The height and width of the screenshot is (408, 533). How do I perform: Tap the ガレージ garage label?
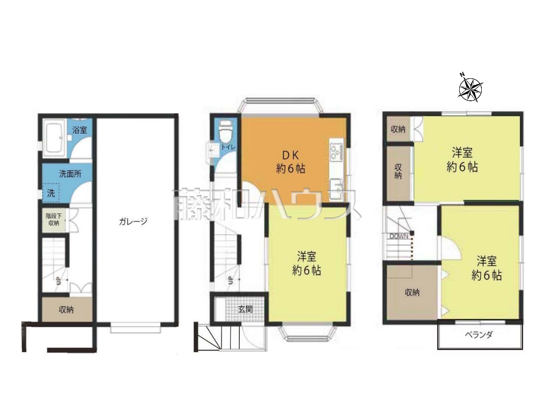(x=133, y=221)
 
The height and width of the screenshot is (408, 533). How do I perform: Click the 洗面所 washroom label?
(x=70, y=174)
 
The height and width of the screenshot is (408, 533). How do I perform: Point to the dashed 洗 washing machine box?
(x=51, y=193)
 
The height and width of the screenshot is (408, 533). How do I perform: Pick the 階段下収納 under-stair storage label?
(x=54, y=219)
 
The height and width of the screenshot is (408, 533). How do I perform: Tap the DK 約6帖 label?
(x=291, y=162)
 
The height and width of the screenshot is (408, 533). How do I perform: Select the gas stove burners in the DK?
(x=336, y=152)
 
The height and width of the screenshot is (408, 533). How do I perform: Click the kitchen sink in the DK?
(x=336, y=189)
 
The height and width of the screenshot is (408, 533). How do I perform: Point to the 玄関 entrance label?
(x=245, y=309)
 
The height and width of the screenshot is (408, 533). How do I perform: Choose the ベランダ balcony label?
(x=479, y=334)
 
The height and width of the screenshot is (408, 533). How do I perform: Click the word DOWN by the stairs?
(x=399, y=236)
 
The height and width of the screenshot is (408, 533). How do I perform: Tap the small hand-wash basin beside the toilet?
(x=212, y=150)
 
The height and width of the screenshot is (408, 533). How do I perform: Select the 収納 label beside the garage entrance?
(x=66, y=310)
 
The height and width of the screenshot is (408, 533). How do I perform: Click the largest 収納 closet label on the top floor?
(x=412, y=292)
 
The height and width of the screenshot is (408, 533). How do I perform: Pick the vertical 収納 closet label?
(x=398, y=172)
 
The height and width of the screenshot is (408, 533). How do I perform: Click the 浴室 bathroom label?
(x=80, y=130)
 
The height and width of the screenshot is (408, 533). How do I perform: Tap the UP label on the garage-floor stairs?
(x=58, y=280)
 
